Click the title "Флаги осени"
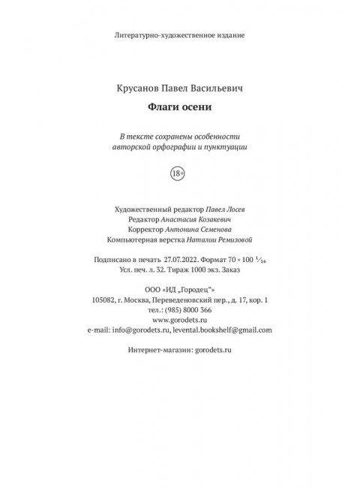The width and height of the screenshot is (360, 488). [179, 107]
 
